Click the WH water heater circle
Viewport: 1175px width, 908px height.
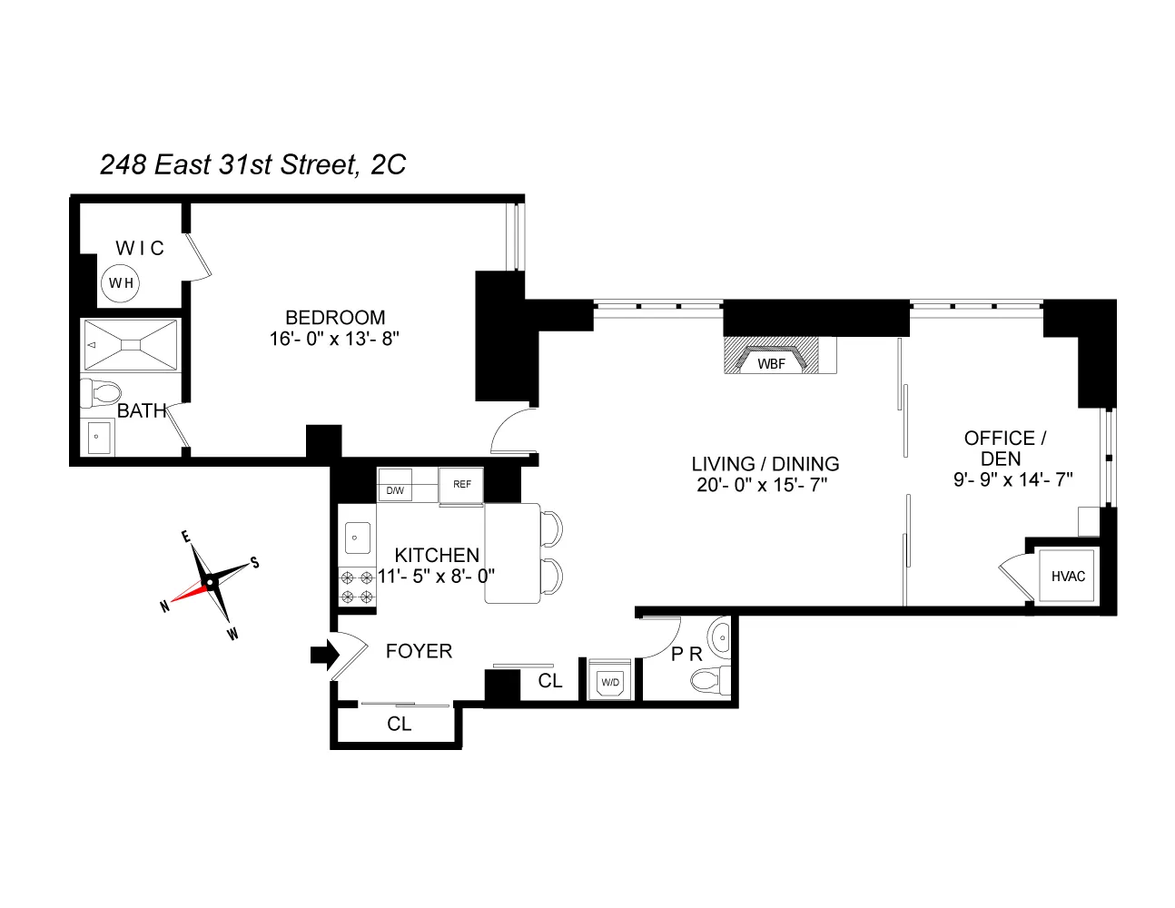tap(122, 283)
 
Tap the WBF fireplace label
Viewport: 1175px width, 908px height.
tap(771, 363)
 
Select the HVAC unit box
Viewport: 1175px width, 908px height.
tap(1068, 576)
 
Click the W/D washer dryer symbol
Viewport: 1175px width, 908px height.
tap(610, 682)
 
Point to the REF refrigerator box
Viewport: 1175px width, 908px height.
tap(461, 485)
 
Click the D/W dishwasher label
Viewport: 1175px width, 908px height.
tap(395, 490)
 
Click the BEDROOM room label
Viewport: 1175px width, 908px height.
tap(335, 318)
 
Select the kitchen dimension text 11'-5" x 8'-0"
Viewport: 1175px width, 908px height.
tap(436, 576)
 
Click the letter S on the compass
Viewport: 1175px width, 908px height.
tap(255, 563)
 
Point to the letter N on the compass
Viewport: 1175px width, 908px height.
tap(164, 607)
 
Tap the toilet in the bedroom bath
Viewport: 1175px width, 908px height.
tap(101, 393)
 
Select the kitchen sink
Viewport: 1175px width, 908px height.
tap(356, 538)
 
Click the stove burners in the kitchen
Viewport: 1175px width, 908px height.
tap(356, 587)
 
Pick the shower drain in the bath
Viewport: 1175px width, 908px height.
tap(132, 344)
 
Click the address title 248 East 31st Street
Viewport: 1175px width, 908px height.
tap(252, 164)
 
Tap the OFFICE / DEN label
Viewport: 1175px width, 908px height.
tap(1004, 449)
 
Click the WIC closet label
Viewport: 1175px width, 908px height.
tap(140, 248)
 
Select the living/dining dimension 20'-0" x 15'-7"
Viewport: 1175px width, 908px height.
tap(762, 485)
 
